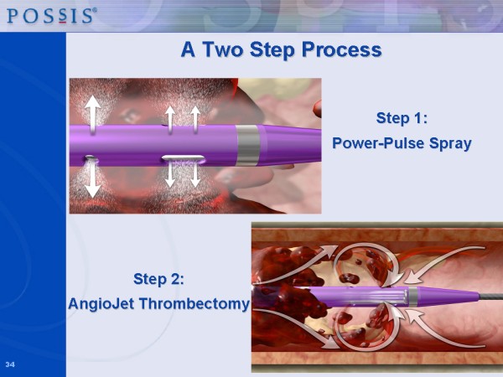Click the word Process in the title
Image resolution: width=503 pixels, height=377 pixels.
[342, 49]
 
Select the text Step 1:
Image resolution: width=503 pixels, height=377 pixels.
[402, 118]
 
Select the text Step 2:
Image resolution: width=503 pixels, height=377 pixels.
[158, 279]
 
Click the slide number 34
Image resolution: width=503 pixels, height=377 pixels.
[10, 364]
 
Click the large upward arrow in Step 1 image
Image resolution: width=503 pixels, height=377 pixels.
[93, 115]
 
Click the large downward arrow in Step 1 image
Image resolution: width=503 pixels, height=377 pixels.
[93, 178]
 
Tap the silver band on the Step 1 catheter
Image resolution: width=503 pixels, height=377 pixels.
[248, 146]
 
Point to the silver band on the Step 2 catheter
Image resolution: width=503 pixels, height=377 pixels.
[413, 297]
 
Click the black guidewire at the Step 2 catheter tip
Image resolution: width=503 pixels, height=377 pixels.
[490, 297]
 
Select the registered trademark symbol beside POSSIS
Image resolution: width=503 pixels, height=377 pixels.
[95, 9]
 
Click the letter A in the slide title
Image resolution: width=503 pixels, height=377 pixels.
[189, 49]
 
